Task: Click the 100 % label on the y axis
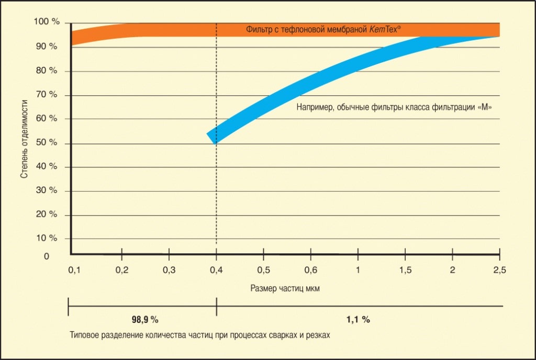[x=46, y=22]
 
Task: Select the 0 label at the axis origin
[x=47, y=256]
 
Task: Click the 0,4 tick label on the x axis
[x=217, y=270]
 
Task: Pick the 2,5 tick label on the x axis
[x=499, y=270]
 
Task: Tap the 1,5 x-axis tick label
[x=405, y=270]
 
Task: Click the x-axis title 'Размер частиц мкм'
[x=285, y=289]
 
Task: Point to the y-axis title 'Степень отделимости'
[x=24, y=140]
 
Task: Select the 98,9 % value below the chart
[x=144, y=319]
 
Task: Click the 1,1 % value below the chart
[x=358, y=319]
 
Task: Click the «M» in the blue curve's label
[x=486, y=108]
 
